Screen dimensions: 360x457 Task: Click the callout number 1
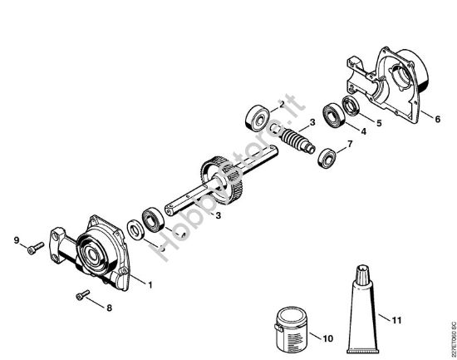151,285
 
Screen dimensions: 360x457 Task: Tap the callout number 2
283,104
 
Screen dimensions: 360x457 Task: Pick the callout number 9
15,241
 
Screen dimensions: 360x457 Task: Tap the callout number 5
380,121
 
